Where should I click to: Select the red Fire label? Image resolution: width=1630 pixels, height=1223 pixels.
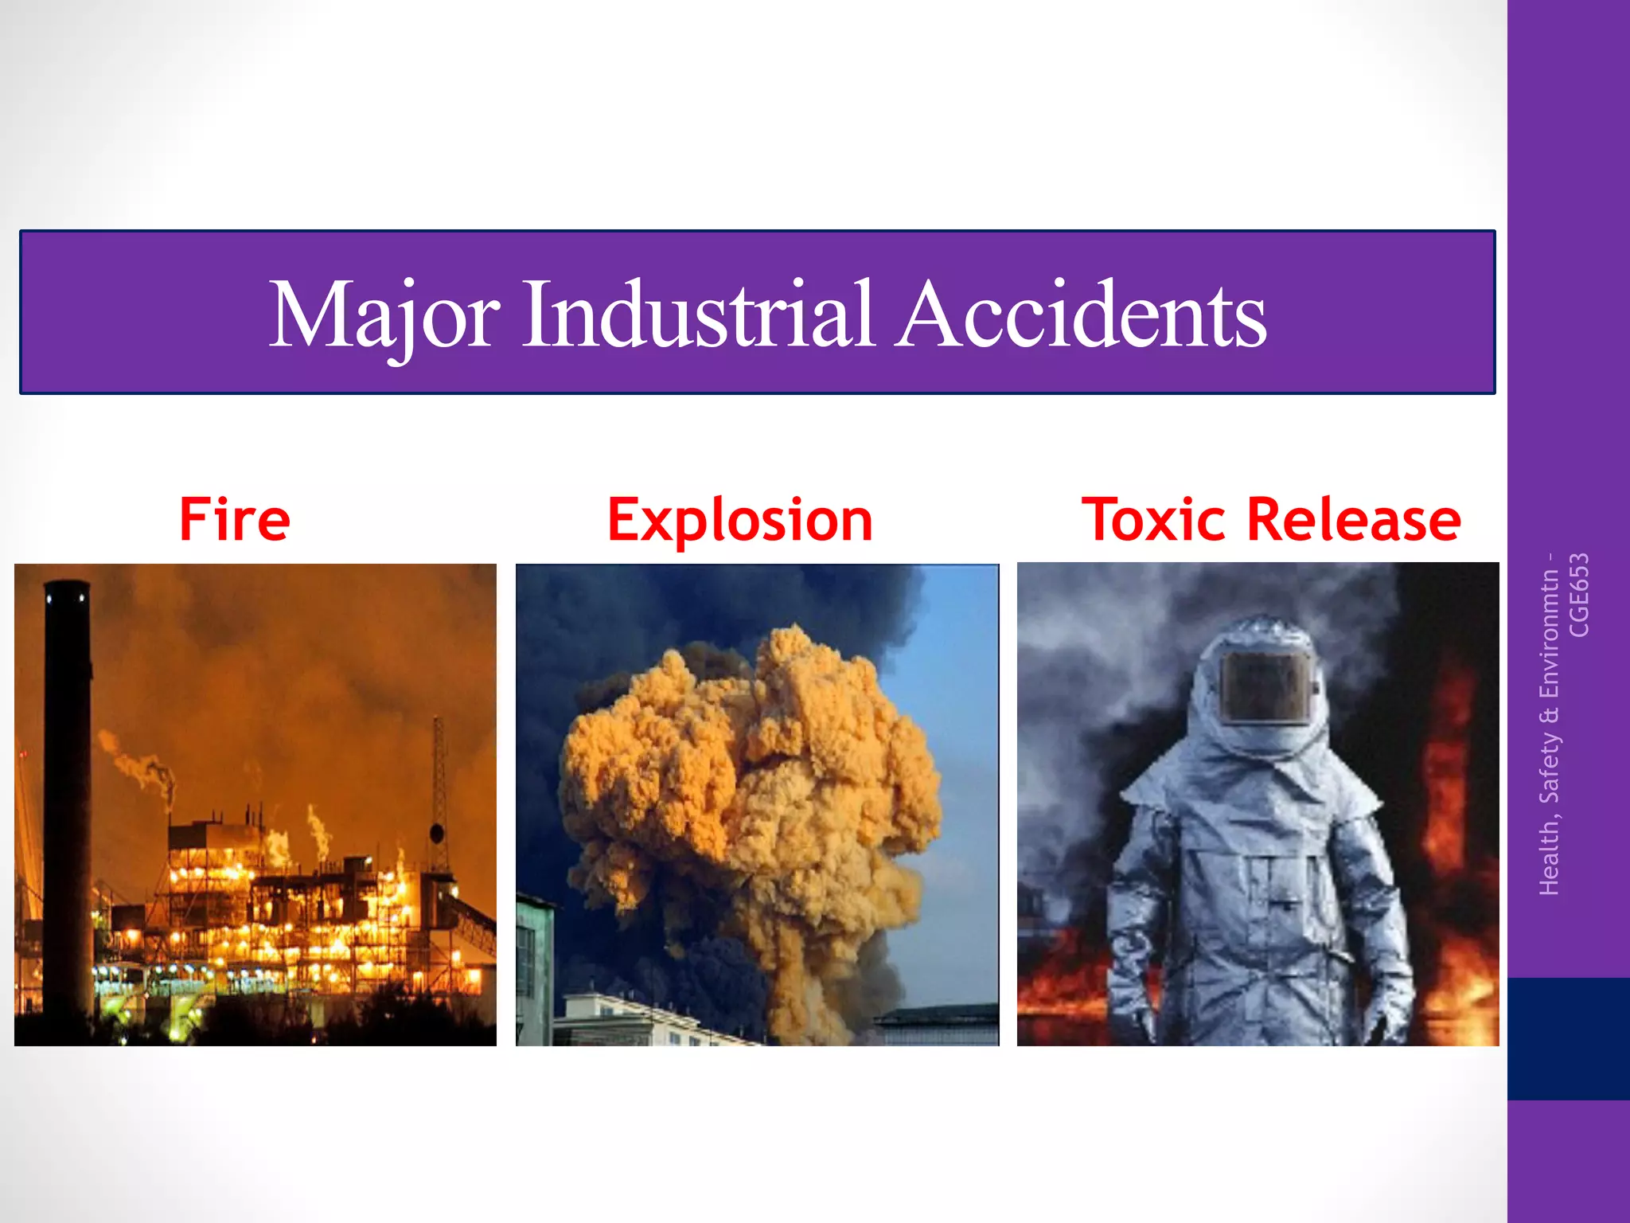click(x=235, y=520)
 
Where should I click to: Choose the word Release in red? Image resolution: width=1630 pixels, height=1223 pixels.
click(x=1353, y=520)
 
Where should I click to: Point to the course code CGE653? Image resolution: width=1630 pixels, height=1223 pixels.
click(x=1579, y=595)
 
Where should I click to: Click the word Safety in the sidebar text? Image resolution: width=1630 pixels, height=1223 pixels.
click(x=1549, y=766)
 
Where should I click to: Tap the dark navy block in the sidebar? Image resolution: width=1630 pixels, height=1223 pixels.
click(x=1568, y=1038)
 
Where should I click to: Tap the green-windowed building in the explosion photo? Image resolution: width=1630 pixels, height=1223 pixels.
click(x=533, y=967)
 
